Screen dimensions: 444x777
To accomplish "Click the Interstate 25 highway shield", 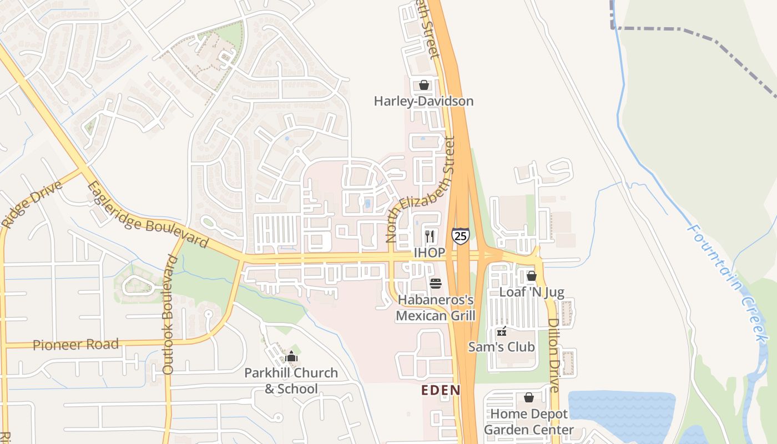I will [460, 236].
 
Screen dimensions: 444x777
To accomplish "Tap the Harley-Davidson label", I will [423, 101].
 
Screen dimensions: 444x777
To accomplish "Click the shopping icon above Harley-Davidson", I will [424, 85].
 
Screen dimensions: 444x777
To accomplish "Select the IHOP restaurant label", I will [430, 253].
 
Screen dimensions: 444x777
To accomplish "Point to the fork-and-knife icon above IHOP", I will [430, 236].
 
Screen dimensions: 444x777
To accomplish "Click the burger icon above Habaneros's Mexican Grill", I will [436, 284].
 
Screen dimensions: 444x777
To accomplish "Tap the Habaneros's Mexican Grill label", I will [436, 308].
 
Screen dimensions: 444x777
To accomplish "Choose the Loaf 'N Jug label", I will [532, 292].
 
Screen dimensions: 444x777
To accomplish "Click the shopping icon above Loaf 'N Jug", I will [532, 276].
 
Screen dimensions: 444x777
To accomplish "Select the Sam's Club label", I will [502, 347].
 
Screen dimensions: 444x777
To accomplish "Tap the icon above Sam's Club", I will [502, 331].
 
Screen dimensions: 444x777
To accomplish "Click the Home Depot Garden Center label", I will [529, 422].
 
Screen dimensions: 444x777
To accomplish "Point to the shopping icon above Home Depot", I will [529, 398].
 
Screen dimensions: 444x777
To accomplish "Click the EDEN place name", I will [441, 390].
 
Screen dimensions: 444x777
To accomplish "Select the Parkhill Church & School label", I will [291, 380].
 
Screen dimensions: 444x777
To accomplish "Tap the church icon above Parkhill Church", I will [291, 357].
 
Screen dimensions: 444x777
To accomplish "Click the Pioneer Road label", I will [76, 345].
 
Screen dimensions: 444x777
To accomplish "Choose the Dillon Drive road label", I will [553, 355].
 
